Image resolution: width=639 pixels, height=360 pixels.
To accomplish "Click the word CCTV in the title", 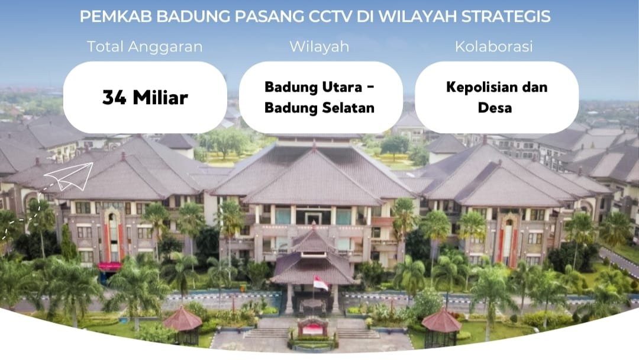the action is coord(330,17).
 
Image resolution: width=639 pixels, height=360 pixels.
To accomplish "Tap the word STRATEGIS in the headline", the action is coord(506,17).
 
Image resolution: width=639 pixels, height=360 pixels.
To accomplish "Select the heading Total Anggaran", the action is coord(145,47).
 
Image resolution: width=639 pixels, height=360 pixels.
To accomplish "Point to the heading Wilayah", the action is coord(319,47).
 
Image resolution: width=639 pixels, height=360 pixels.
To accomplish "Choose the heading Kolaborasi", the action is coord(494,46).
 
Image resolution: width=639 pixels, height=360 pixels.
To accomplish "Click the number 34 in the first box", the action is coord(114,98).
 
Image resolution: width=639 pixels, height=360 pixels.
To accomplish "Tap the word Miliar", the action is coord(160,98).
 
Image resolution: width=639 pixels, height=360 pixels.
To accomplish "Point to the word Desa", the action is coord(495,108).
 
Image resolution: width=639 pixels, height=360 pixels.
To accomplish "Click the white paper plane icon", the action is coord(69,176).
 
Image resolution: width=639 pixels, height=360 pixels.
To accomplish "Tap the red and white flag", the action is coord(321,283).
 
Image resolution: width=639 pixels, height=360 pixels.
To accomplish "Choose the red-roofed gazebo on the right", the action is coord(441,327).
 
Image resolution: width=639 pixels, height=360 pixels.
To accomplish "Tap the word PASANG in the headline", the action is coord(269,17).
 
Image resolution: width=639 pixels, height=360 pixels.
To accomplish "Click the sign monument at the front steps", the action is coord(312,327).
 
